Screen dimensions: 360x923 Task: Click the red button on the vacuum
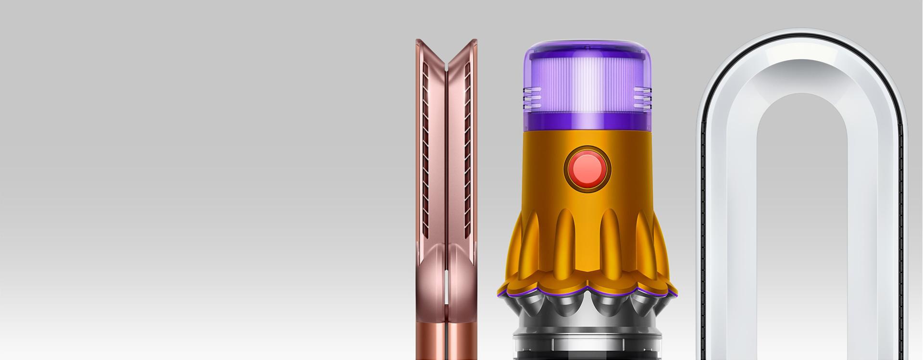click(x=587, y=169)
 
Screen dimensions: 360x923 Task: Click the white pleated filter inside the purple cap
click(x=586, y=87)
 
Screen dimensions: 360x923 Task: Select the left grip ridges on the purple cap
click(x=532, y=98)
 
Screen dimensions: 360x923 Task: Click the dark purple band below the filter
click(x=586, y=122)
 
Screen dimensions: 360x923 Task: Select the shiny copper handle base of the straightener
click(x=446, y=341)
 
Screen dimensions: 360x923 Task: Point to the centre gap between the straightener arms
click(x=447, y=192)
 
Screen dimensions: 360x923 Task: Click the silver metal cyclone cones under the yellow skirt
click(x=586, y=308)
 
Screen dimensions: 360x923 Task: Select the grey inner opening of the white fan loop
click(x=802, y=216)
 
